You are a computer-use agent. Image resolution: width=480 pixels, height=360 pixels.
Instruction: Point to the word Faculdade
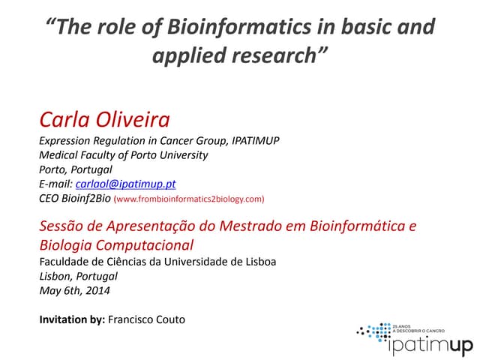65,261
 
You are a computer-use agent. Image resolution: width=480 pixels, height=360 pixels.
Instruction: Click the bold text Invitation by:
72,319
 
